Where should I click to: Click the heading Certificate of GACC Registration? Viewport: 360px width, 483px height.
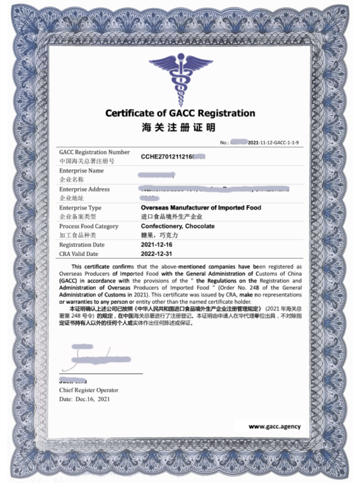pos(180,114)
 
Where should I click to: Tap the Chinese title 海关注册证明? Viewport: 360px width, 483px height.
pos(179,128)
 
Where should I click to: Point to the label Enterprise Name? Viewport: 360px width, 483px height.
pos(81,171)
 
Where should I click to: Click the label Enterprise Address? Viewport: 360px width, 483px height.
pos(84,189)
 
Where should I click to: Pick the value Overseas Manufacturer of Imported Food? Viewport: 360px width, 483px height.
pos(201,208)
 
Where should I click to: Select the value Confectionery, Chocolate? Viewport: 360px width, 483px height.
pos(178,226)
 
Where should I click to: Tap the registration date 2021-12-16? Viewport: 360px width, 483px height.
pos(156,245)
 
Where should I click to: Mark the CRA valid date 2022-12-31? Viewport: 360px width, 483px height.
pos(156,254)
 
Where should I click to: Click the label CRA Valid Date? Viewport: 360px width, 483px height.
pos(78,254)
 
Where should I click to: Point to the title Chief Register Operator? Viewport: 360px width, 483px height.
pos(89,390)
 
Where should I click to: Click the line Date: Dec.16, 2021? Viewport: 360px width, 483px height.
pos(85,399)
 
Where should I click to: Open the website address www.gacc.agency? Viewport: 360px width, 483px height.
pos(274,426)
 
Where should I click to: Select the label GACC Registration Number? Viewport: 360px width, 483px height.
pos(94,152)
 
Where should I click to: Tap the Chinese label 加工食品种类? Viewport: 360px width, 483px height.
pos(77,235)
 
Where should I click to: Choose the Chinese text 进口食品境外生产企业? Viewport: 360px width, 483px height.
pos(172,217)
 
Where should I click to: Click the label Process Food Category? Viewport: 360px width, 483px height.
pos(89,226)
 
